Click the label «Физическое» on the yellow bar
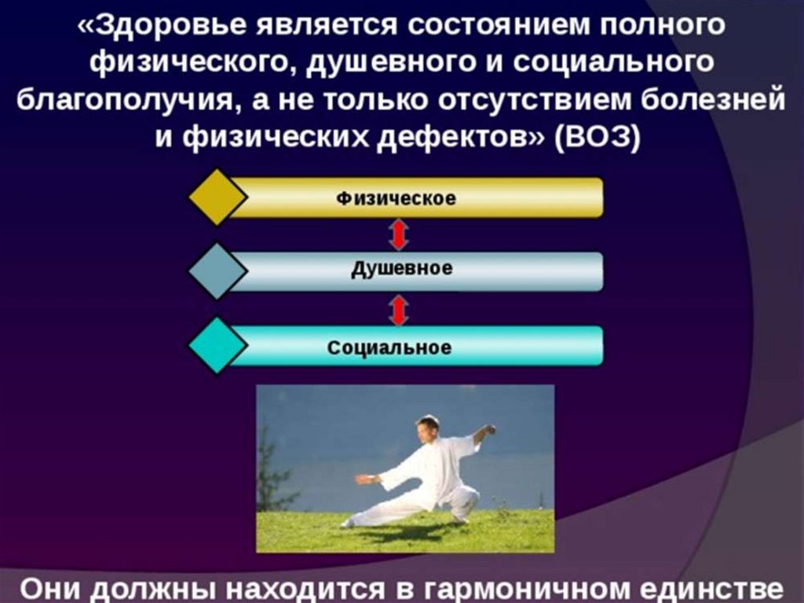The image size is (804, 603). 396,198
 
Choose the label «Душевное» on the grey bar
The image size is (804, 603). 401,269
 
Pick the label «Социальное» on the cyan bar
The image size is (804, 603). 389,347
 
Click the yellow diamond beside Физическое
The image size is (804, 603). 217,197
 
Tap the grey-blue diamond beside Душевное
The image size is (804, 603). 217,270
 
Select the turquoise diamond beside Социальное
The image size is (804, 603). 217,345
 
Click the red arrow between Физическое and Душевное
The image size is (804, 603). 398,235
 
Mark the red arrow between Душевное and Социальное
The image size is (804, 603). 398,310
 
